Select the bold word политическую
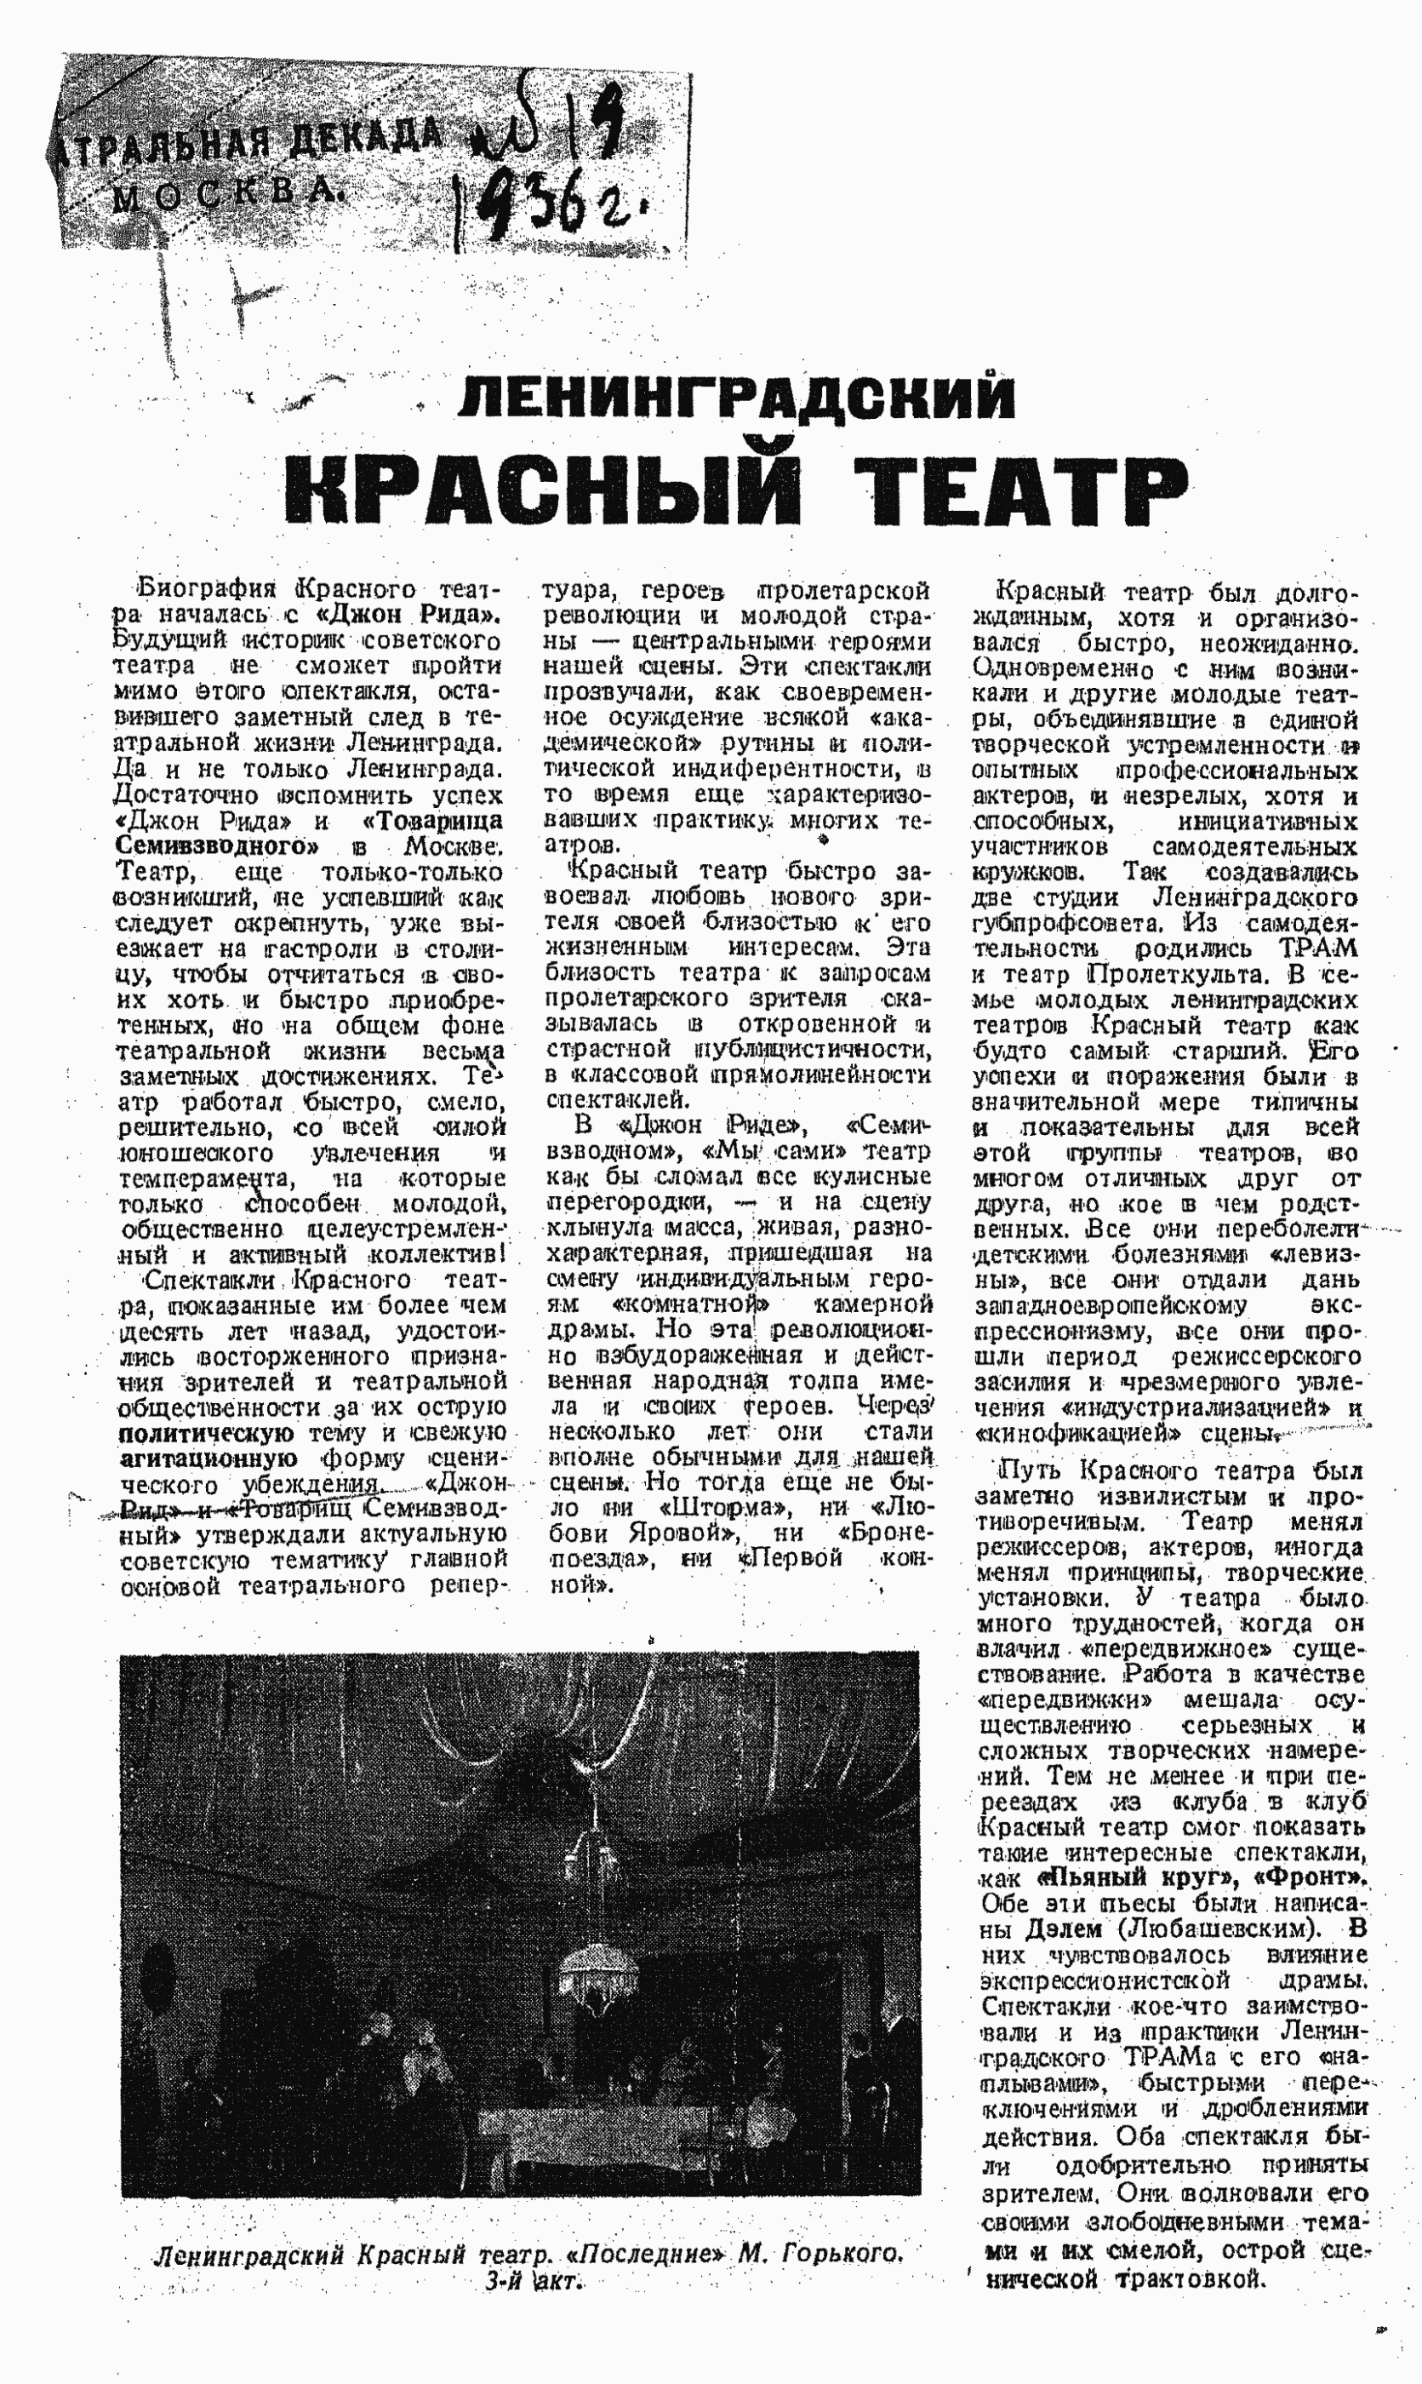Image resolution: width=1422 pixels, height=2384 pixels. (x=205, y=1433)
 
